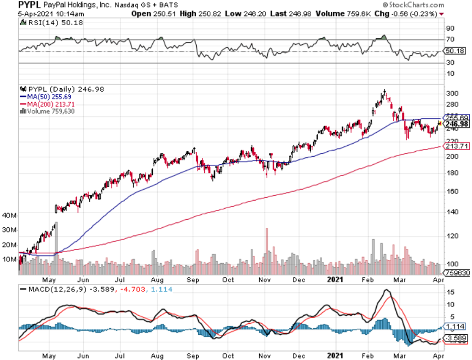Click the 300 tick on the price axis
452,93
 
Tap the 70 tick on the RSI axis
450,39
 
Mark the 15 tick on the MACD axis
450,292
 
